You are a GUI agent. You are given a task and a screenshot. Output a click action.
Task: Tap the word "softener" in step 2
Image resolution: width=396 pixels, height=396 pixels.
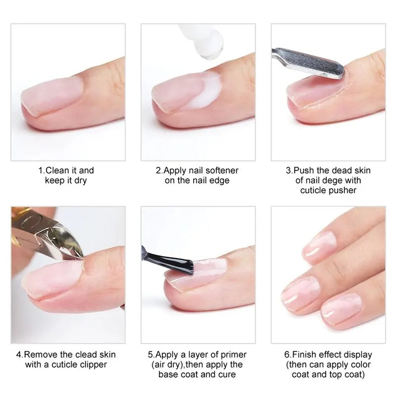pyautogui.click(x=221, y=170)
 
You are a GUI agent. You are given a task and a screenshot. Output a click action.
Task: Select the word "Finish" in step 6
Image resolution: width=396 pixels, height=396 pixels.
pyautogui.click(x=305, y=355)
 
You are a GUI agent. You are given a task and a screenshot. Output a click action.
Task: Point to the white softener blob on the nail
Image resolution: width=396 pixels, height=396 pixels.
pyautogui.click(x=209, y=91)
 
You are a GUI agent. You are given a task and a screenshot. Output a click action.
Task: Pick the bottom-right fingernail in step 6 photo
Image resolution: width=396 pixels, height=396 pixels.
pyautogui.click(x=341, y=307)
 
